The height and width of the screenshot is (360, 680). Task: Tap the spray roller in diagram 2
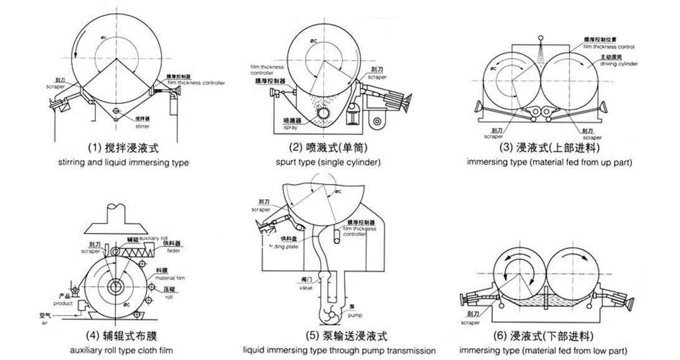325,115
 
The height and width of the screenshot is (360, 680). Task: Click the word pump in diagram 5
352,313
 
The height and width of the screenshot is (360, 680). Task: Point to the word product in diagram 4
63,303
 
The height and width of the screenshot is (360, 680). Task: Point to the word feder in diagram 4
174,251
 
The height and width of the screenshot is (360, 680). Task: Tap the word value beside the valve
304,288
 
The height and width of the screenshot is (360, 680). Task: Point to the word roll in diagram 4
170,298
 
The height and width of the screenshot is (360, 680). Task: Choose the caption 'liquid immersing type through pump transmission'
339,350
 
